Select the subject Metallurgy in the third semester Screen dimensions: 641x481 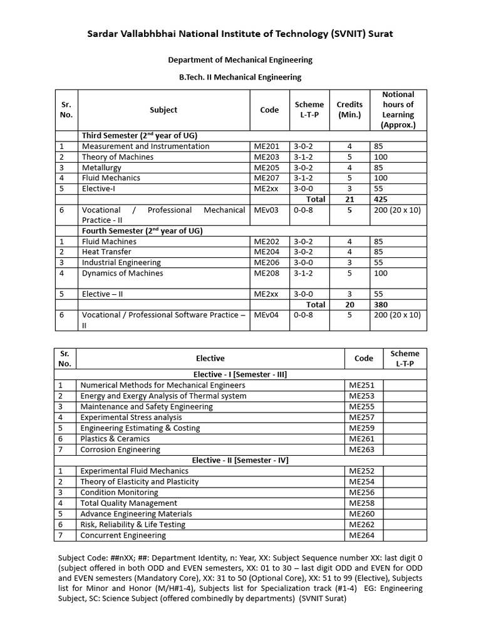point(101,167)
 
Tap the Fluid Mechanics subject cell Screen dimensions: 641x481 point(111,178)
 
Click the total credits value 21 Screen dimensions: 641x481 point(349,199)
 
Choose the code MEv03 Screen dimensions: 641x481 point(265,210)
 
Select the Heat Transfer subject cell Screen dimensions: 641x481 point(106,252)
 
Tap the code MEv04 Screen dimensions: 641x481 point(265,315)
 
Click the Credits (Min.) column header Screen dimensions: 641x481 point(349,110)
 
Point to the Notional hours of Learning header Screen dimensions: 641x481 point(398,110)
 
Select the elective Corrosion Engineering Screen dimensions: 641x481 point(120,449)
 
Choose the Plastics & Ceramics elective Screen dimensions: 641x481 point(115,438)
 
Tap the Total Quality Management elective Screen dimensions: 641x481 point(128,503)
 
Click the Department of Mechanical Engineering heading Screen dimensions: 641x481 point(240,60)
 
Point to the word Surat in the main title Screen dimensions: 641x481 point(378,34)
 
